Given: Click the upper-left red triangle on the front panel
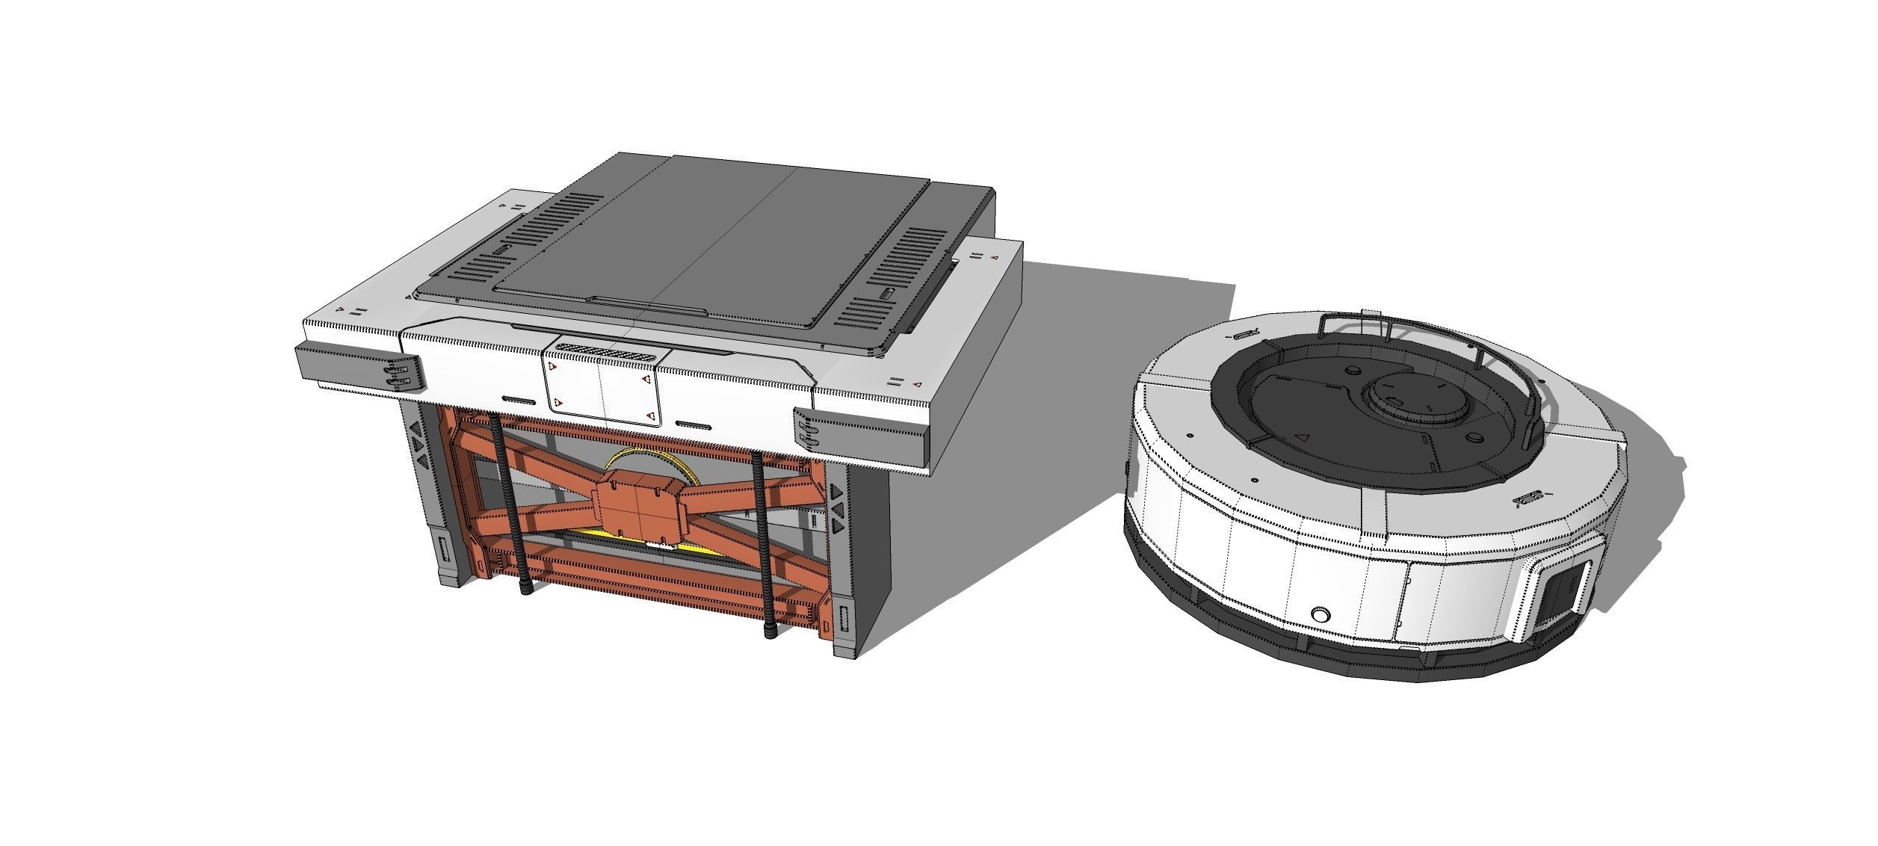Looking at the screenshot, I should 553,368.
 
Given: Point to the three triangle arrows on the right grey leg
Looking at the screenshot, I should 837,509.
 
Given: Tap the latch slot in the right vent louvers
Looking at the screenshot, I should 886,294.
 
